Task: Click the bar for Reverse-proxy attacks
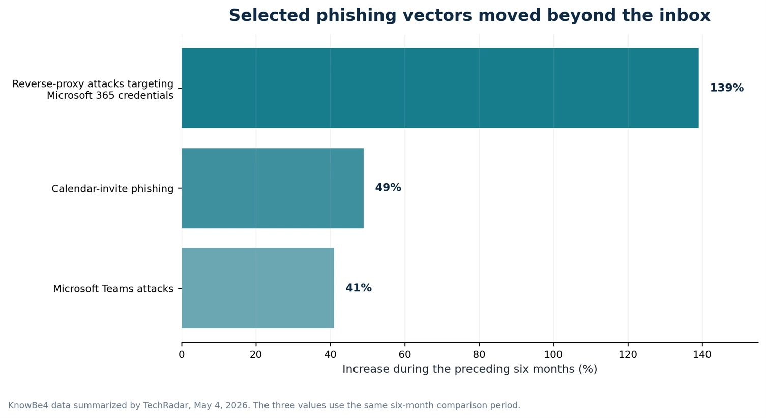[440, 88]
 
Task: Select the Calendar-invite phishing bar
[273, 188]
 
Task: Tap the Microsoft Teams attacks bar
[257, 288]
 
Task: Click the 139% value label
[727, 88]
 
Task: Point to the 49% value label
[388, 187]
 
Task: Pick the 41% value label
[359, 288]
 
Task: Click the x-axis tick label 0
[182, 355]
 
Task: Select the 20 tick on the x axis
[256, 355]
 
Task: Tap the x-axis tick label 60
[404, 355]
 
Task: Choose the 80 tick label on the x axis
[479, 355]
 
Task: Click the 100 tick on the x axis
[553, 355]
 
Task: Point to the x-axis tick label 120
[628, 355]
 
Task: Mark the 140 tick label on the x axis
[702, 355]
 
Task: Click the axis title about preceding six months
[469, 369]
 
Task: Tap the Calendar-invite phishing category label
[112, 188]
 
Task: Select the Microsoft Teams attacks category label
[113, 289]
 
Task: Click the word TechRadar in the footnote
[165, 405]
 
